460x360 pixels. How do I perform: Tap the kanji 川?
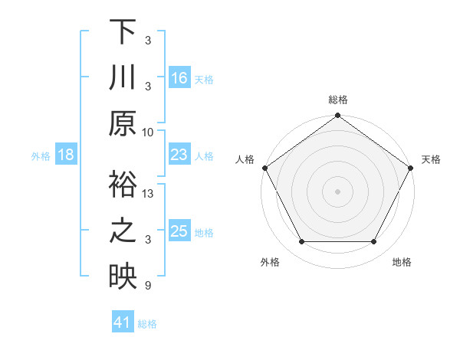click(123, 79)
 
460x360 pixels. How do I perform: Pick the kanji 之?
click(123, 233)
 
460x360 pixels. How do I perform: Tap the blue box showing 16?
click(179, 77)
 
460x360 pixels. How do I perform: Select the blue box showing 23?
click(179, 155)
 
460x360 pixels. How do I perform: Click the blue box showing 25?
click(179, 231)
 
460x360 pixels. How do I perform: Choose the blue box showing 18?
click(66, 155)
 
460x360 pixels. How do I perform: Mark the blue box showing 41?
click(123, 323)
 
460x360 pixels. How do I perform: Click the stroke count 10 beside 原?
click(148, 132)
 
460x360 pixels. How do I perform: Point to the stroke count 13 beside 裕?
click(149, 194)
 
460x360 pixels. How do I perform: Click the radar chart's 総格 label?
click(337, 100)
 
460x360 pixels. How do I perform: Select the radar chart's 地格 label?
click(402, 263)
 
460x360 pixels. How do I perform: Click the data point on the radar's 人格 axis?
click(265, 168)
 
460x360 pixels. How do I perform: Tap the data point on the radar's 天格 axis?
click(410, 168)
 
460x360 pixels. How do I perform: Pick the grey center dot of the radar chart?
click(337, 191)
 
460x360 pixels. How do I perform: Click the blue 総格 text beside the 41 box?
click(147, 324)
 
